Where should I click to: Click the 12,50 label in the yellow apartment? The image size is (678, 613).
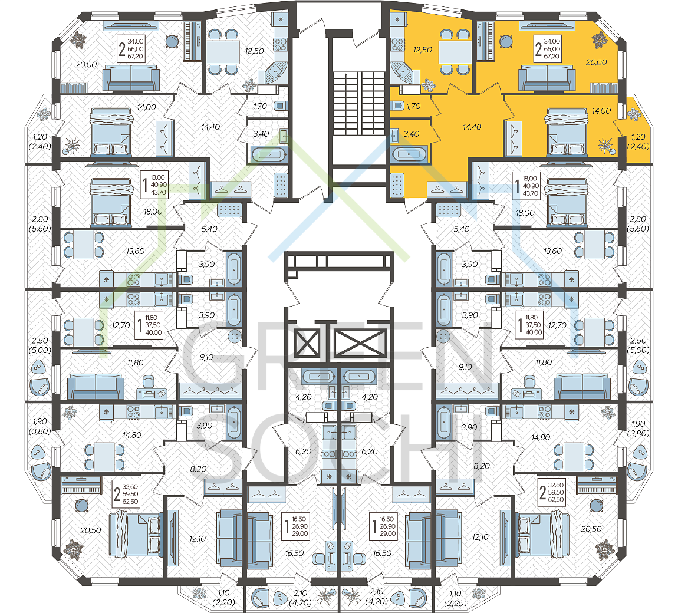click(x=423, y=50)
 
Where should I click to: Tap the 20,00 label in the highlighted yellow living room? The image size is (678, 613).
click(x=596, y=62)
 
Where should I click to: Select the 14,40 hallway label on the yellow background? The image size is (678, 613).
click(x=472, y=127)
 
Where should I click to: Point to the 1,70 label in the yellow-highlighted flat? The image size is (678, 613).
click(x=413, y=106)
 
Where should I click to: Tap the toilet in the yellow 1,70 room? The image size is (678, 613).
click(x=398, y=106)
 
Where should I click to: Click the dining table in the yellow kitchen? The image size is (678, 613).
click(x=455, y=52)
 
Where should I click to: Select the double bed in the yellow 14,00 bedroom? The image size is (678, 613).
click(x=567, y=132)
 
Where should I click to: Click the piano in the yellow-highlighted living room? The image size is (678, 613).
click(x=486, y=41)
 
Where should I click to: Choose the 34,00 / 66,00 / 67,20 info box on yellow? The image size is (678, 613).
click(x=548, y=49)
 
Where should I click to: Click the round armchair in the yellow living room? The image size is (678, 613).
click(x=506, y=42)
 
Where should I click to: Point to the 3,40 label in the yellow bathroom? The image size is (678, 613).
click(x=411, y=134)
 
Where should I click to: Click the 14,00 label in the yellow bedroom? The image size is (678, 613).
click(x=601, y=111)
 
